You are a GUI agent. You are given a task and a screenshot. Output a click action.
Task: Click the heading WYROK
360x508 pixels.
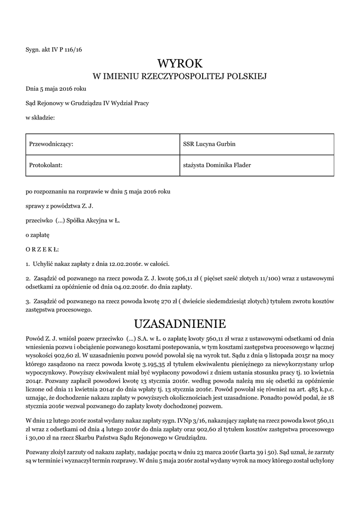tap(180, 63)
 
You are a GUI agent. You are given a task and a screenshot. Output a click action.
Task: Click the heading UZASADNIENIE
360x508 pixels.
tap(180, 324)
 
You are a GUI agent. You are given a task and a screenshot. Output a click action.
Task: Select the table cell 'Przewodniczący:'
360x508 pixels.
tap(51, 144)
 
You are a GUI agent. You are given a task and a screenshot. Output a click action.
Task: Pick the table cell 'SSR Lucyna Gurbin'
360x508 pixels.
tap(209, 144)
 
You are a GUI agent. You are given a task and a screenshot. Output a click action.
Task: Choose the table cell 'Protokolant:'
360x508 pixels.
tap(46, 165)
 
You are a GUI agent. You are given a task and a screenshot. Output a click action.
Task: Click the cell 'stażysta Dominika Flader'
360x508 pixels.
tap(217, 165)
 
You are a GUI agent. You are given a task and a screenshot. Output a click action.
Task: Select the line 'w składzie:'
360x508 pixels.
tap(40, 117)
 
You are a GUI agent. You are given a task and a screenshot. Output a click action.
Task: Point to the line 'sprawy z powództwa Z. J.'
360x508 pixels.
tap(60, 205)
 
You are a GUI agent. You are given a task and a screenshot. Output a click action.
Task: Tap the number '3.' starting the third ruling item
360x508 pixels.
tap(28, 301)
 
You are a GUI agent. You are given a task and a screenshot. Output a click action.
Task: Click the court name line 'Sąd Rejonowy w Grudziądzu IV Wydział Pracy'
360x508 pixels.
tap(87, 103)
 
